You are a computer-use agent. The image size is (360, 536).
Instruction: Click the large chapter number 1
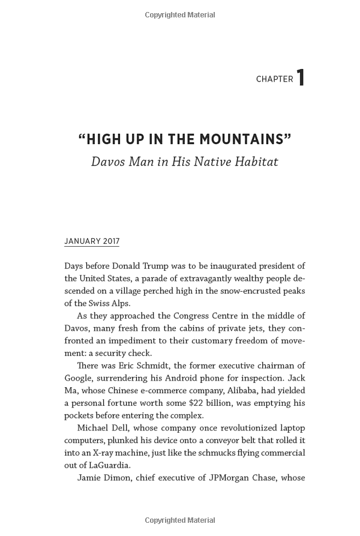point(301,77)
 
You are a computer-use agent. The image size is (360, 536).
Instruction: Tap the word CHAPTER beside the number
point(274,79)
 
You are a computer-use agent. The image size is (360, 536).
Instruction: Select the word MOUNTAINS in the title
point(243,140)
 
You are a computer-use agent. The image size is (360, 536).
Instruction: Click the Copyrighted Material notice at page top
point(179,14)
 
